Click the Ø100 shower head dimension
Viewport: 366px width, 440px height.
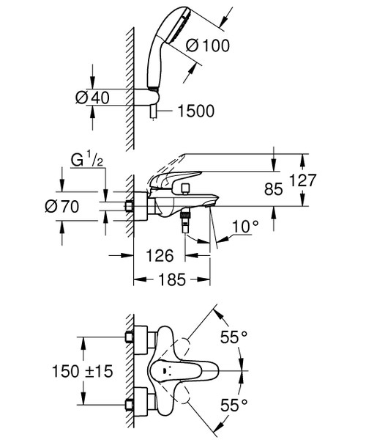(209, 45)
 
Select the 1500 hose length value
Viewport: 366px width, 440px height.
(195, 111)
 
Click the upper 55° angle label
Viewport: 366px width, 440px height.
(234, 337)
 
